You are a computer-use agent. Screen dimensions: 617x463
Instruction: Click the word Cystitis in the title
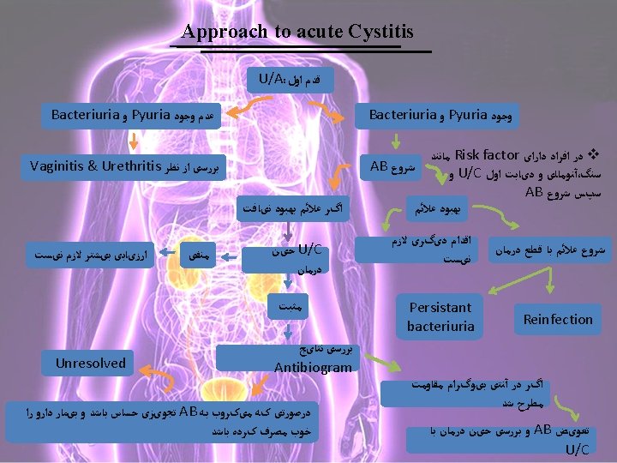380,33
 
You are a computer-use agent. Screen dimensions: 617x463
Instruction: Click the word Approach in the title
225,33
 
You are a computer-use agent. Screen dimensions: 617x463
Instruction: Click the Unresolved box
90,363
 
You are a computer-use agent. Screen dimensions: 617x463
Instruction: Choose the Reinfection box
558,319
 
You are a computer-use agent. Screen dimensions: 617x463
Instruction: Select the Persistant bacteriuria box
440,316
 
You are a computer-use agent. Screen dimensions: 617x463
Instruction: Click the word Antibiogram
312,368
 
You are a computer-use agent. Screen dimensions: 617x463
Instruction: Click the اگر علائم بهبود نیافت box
288,208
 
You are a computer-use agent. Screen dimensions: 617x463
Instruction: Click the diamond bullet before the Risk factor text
598,156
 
